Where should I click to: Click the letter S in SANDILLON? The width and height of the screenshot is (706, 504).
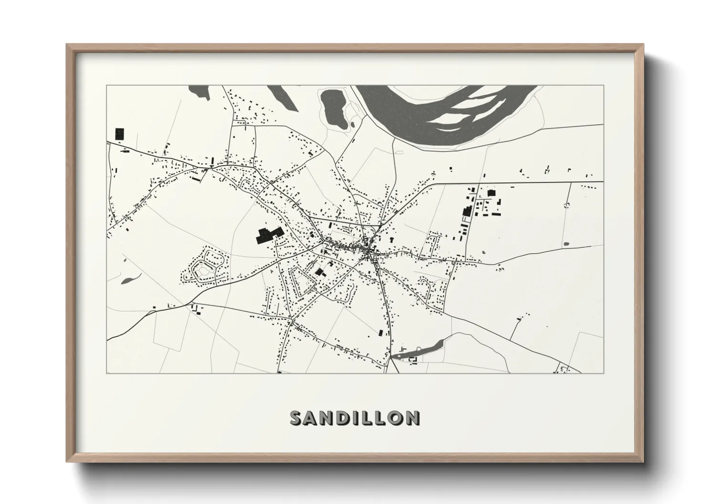(296, 418)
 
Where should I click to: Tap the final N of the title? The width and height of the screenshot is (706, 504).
(413, 418)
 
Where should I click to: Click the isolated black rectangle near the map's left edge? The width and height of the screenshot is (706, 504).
(119, 133)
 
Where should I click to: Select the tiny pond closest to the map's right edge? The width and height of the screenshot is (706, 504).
(566, 244)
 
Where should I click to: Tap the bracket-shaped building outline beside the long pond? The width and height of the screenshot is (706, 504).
(414, 359)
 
